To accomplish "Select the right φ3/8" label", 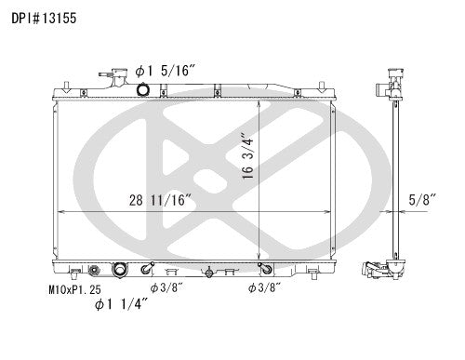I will click(x=265, y=288).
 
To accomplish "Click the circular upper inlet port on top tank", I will click(x=142, y=89).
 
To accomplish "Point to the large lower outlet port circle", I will click(x=119, y=271).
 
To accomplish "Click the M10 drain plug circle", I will click(x=93, y=271).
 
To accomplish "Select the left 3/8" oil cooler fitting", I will click(x=145, y=271).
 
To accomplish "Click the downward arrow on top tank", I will click(x=216, y=88).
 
